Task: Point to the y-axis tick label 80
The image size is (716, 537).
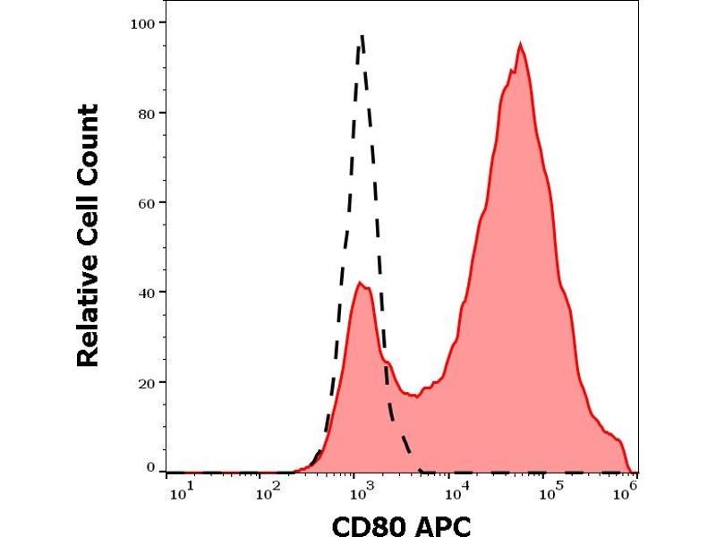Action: coord(145,113)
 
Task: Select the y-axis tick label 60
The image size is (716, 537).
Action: coord(145,202)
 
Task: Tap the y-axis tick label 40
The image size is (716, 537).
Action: coord(145,293)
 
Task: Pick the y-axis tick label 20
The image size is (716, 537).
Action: coord(145,382)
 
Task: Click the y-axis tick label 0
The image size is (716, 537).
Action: coord(149,467)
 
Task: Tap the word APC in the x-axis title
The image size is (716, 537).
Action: coord(441,524)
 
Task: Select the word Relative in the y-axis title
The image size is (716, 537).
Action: coord(88,311)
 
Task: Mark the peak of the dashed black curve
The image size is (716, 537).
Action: coord(361,36)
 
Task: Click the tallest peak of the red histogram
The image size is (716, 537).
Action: coord(520,44)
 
